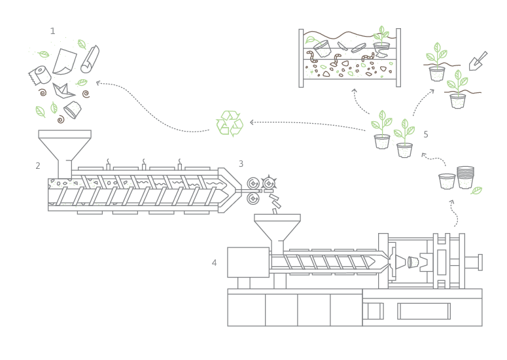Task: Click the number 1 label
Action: point(52,31)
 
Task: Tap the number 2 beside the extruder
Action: point(38,166)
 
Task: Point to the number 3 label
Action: point(241,164)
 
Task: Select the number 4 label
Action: point(214,262)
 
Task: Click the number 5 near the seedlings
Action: point(426,134)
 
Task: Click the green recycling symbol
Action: point(230,123)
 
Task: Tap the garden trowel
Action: point(478,60)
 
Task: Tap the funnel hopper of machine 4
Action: point(277,230)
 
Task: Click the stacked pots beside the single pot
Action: point(465,177)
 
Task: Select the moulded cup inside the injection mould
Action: point(413,262)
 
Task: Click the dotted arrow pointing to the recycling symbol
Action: point(307,123)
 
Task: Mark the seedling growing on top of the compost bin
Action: point(381,36)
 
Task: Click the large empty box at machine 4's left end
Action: point(248,262)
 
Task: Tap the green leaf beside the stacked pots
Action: point(477,190)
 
